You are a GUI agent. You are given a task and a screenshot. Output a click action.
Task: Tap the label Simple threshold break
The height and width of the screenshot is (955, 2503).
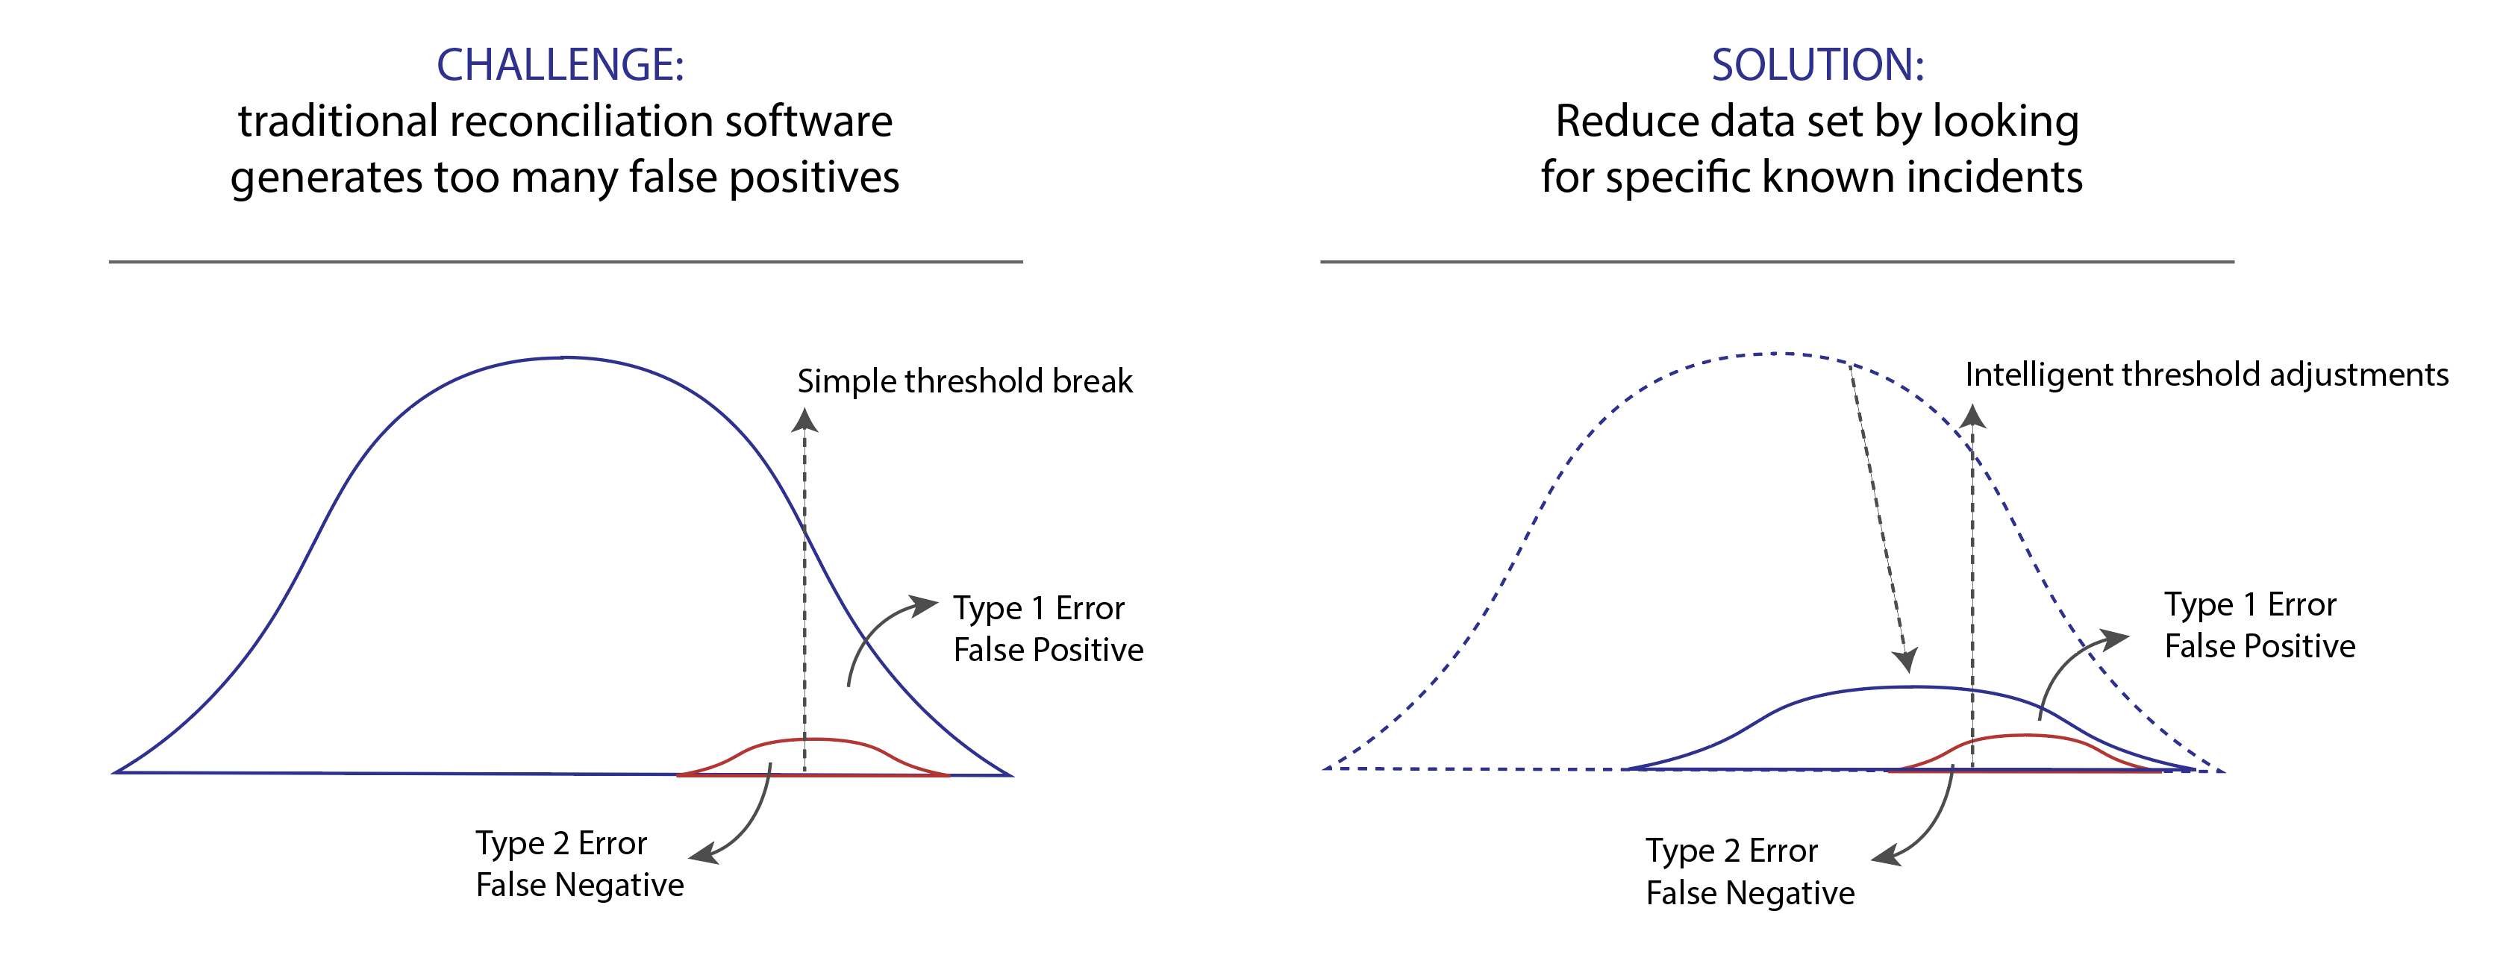[x=965, y=381]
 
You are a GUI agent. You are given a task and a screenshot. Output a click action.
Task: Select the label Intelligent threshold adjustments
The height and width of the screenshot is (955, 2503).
[x=2207, y=375]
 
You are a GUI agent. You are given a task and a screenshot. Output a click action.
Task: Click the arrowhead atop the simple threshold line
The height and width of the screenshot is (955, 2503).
[x=804, y=420]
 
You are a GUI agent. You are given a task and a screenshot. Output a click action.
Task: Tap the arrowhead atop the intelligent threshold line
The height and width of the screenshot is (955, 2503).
[x=1972, y=416]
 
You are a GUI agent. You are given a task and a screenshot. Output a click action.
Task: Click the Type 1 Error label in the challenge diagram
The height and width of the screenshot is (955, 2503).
[x=1039, y=608]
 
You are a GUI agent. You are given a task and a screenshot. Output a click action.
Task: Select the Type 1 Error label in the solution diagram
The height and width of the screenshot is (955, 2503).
[x=2250, y=604]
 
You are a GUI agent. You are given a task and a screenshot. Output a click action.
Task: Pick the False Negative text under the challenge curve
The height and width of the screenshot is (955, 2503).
[x=580, y=885]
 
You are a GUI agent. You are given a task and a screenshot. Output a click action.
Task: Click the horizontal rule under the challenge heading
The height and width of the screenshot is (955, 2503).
[x=566, y=261]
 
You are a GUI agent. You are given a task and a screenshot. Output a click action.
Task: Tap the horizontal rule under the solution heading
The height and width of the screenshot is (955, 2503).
[x=1777, y=261]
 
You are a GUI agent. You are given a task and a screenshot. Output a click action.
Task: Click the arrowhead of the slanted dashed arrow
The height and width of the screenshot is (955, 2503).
[x=1907, y=660]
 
